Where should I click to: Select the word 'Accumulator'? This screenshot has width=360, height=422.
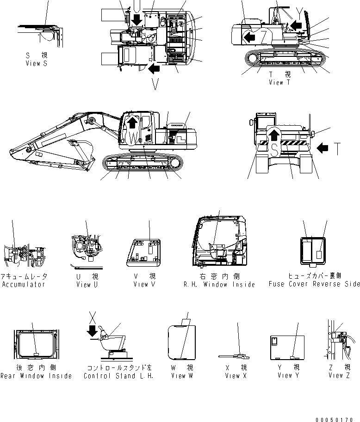(x=24, y=284)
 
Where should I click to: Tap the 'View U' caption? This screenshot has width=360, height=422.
(x=86, y=285)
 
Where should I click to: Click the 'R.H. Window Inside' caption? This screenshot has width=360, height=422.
(x=219, y=284)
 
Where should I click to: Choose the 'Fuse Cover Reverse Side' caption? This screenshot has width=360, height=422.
(x=314, y=284)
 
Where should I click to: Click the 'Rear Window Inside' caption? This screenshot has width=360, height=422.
(x=36, y=376)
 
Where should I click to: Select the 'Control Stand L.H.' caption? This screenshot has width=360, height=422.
(x=119, y=376)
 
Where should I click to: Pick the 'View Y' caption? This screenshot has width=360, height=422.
(x=288, y=375)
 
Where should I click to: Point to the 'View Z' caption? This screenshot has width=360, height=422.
(x=342, y=375)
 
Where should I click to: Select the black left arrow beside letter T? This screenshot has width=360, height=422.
(x=323, y=148)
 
